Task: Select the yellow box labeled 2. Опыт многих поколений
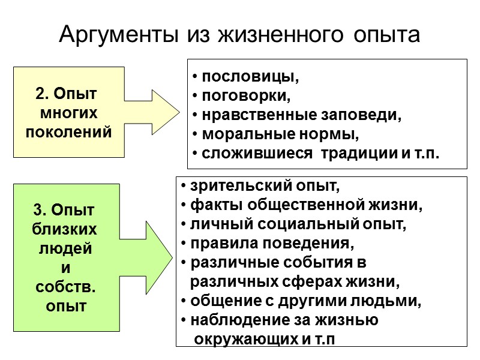[68, 112]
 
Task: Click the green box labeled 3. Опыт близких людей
[65, 259]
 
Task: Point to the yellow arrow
[157, 112]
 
